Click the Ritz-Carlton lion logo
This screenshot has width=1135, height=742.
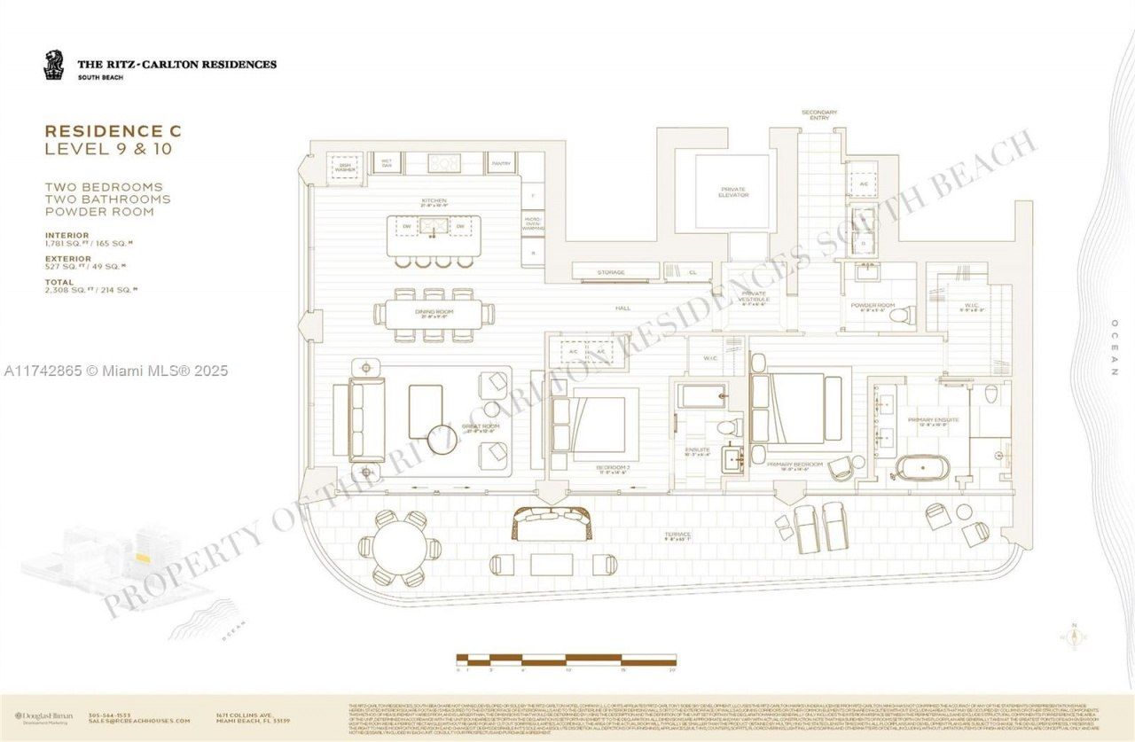[x=54, y=65]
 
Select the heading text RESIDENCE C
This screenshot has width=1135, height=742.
[x=113, y=130]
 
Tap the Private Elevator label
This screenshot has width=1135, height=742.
[x=732, y=192]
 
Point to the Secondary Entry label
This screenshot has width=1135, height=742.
[x=818, y=114]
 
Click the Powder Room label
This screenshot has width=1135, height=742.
[x=867, y=306]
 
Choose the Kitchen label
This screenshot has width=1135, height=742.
[x=434, y=201]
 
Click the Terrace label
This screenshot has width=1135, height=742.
[x=680, y=535]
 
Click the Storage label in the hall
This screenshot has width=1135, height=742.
[x=611, y=272]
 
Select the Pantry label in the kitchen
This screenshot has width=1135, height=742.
[x=501, y=164]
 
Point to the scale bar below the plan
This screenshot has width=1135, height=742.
[x=567, y=659]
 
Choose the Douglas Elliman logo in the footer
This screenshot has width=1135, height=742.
[x=43, y=716]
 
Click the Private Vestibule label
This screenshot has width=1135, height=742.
[x=755, y=297]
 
